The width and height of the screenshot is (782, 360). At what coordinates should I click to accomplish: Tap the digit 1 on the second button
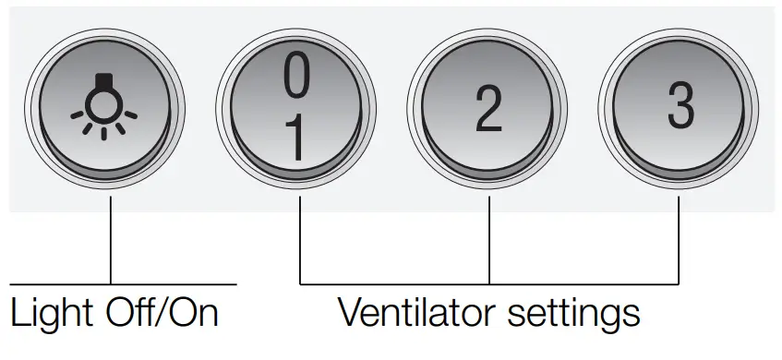pos(295,140)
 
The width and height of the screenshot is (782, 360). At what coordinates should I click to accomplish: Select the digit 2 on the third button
pos(487,110)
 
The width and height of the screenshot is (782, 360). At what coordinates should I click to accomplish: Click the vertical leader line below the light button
pos(110,242)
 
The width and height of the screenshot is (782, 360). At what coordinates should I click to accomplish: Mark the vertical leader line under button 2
pos(488,242)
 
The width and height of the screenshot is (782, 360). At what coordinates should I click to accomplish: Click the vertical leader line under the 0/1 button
pos(300,242)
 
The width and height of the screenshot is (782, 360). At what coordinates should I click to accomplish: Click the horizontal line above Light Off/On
pos(120,283)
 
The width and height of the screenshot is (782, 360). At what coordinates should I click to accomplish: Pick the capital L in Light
pos(18,314)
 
